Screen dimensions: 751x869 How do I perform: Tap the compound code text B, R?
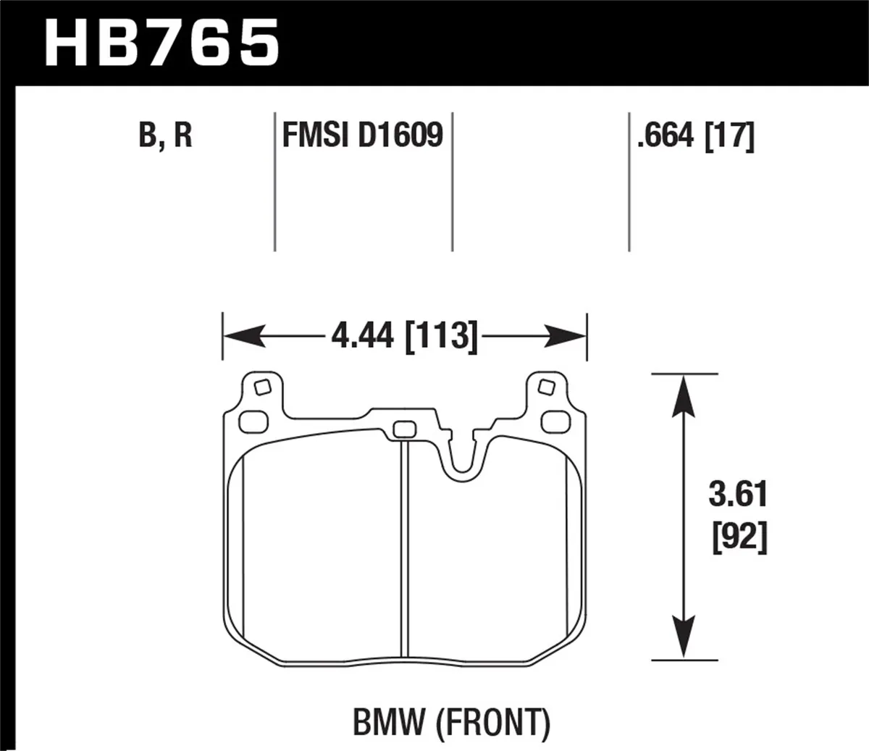[x=165, y=135]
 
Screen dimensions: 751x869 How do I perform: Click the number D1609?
[x=400, y=135]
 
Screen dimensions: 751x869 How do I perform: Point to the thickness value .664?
[x=666, y=135]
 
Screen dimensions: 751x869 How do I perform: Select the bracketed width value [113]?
[x=442, y=337]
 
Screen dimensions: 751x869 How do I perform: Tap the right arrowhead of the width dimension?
[x=568, y=336]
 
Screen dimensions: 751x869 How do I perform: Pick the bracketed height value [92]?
[x=737, y=538]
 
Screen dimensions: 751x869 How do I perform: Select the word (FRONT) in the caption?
[x=494, y=721]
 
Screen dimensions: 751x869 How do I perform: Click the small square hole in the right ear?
[x=548, y=387]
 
